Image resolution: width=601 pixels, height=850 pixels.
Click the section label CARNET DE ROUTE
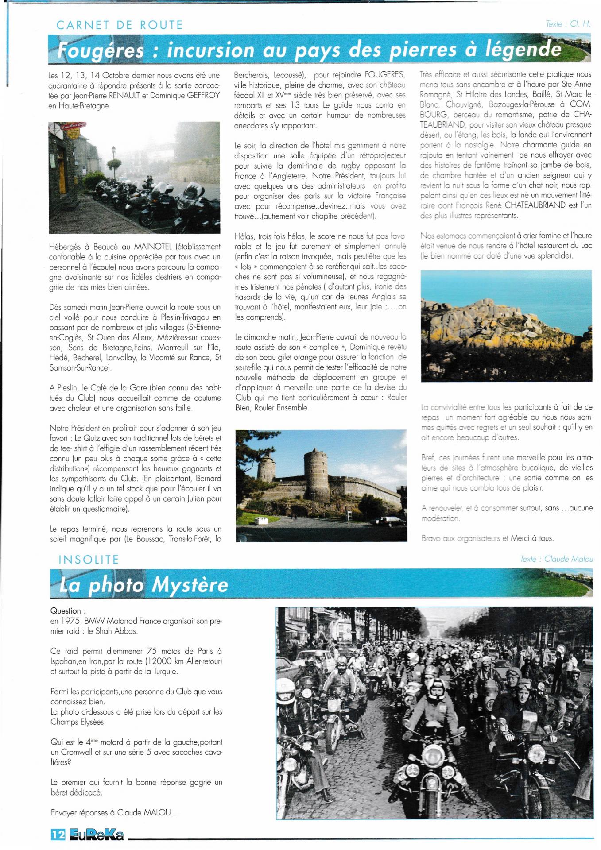pos(120,25)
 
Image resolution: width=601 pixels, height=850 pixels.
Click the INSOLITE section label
pos(89,560)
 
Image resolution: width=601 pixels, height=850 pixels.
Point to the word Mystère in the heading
pos(190,585)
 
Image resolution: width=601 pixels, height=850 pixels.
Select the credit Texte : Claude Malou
pos(556,559)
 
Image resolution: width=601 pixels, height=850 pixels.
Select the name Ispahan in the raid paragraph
pos(65,661)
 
